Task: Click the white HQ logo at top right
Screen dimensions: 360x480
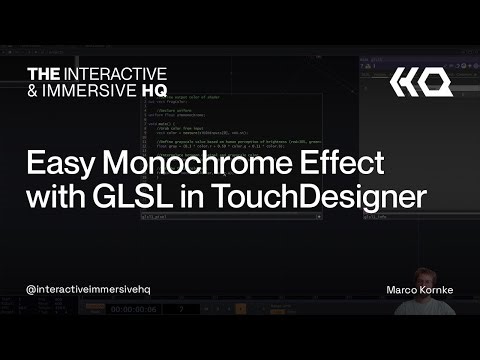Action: pyautogui.click(x=420, y=82)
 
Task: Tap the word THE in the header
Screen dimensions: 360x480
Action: pyautogui.click(x=44, y=74)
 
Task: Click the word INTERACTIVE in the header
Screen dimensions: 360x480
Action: pyautogui.click(x=118, y=74)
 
